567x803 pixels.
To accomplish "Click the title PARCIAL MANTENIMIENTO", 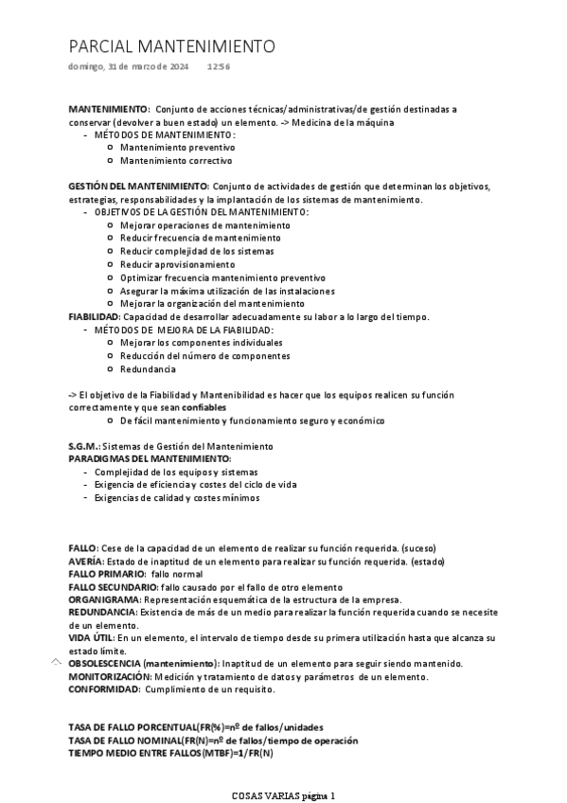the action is click(x=171, y=46).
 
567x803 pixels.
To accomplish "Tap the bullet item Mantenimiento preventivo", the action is click(x=178, y=148).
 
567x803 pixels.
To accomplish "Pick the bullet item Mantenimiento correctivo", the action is click(x=177, y=161).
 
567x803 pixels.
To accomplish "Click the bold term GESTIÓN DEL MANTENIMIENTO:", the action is click(x=139, y=187).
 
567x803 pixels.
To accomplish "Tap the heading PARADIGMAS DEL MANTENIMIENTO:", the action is click(x=150, y=458).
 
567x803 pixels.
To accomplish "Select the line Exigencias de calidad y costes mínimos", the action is click(x=177, y=497).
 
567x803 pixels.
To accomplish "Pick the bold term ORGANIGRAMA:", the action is click(x=104, y=600).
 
